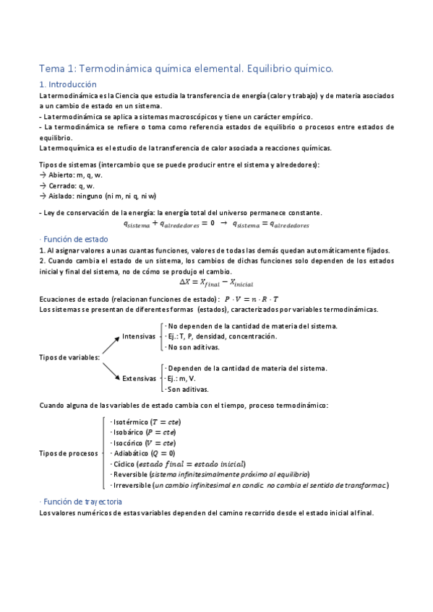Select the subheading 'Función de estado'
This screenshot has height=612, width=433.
[x=75, y=239]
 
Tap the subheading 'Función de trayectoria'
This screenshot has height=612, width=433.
[x=82, y=501]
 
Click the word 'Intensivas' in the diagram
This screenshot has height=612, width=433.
[x=138, y=336]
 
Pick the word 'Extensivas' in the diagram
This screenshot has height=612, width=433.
[x=139, y=378]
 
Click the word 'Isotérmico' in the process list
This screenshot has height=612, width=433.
[x=129, y=421]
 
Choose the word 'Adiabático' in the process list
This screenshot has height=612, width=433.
[x=130, y=453]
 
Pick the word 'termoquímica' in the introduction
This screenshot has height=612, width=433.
[x=70, y=148]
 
